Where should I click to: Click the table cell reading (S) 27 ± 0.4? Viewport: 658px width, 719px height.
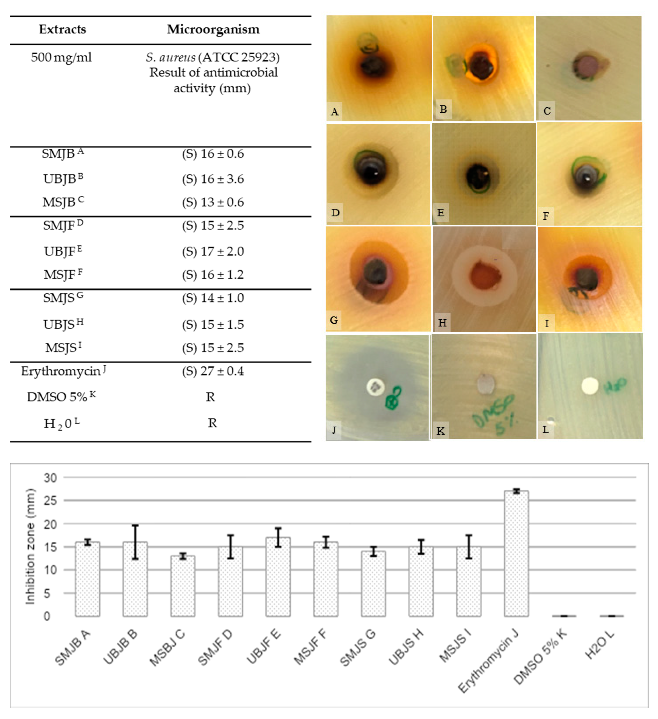point(213,371)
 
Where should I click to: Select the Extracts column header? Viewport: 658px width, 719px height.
point(62,29)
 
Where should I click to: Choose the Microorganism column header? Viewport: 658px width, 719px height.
point(213,29)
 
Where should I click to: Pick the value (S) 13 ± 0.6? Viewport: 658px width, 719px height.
point(213,202)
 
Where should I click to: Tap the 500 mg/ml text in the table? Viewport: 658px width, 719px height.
point(61,57)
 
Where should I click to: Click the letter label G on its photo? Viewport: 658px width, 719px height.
point(334,320)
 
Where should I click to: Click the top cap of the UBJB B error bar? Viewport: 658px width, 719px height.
point(135,525)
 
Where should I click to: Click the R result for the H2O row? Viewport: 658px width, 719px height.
point(212,423)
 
